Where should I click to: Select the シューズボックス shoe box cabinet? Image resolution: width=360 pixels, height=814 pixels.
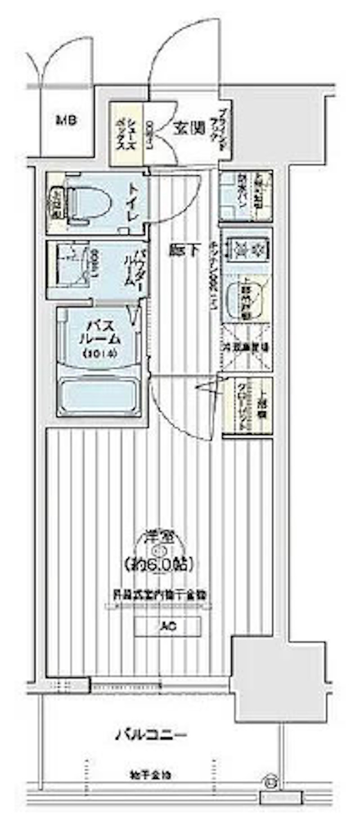coord(126,134)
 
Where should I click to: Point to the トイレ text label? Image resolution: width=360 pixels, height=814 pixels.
coord(134,201)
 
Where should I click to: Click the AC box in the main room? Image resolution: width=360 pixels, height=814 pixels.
coord(167,626)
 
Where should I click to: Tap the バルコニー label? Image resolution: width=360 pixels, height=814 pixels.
coord(150,736)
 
